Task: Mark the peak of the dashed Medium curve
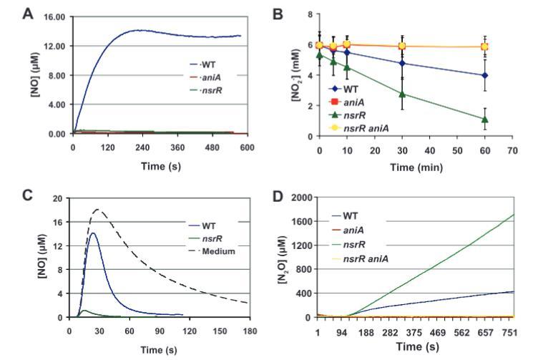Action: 97,210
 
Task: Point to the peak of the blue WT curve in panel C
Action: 93,233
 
